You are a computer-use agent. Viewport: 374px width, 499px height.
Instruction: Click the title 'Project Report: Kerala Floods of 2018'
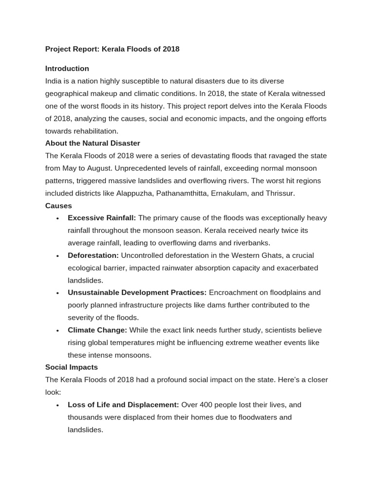click(x=112, y=49)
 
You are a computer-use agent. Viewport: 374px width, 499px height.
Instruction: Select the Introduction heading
click(x=67, y=69)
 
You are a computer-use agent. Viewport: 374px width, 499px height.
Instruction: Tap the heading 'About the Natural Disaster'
click(x=93, y=143)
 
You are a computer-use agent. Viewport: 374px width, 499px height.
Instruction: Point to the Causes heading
click(x=58, y=206)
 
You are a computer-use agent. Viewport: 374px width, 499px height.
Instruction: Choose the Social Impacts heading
click(x=72, y=367)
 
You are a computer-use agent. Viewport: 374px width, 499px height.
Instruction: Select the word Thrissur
click(x=280, y=193)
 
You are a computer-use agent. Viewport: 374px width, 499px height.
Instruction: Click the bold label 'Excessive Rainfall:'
click(x=102, y=218)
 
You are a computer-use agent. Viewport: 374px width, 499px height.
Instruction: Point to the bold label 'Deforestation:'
click(x=93, y=256)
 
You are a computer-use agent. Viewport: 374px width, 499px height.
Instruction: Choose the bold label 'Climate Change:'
click(x=97, y=330)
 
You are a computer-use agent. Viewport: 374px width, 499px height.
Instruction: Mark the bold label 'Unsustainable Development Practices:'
click(x=137, y=293)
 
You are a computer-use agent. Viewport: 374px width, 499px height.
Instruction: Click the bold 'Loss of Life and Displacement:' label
click(x=123, y=405)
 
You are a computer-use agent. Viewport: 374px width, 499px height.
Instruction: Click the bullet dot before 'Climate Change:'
click(x=57, y=331)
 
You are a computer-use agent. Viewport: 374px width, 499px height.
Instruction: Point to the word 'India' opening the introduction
click(x=54, y=81)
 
